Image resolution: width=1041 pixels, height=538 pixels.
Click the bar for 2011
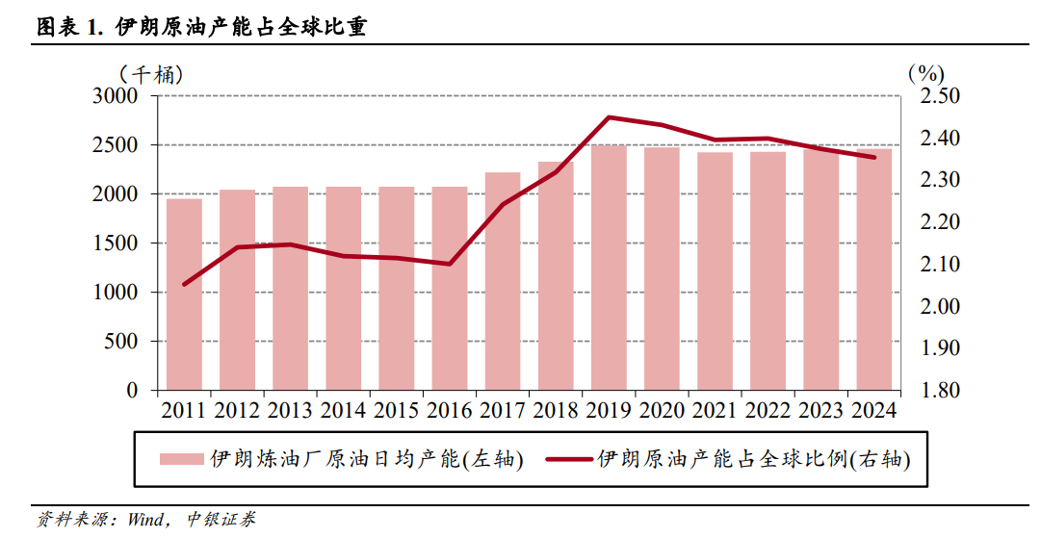[x=184, y=295]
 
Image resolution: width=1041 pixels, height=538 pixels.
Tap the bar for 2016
[x=450, y=289]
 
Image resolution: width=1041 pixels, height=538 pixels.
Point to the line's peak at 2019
[x=609, y=117]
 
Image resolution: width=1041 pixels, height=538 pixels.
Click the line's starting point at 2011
[x=184, y=284]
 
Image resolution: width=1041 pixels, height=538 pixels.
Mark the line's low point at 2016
[x=450, y=264]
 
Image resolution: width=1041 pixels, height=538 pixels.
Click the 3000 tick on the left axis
[x=117, y=96]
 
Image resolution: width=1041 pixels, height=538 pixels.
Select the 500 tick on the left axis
[x=122, y=342]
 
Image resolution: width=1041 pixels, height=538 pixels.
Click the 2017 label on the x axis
[x=503, y=411]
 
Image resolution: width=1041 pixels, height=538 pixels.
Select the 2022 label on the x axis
[x=768, y=411]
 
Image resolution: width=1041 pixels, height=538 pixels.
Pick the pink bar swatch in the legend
[x=181, y=460]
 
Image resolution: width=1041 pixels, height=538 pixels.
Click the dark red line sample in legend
[x=569, y=460]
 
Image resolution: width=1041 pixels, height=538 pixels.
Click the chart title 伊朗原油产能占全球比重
[x=240, y=27]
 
